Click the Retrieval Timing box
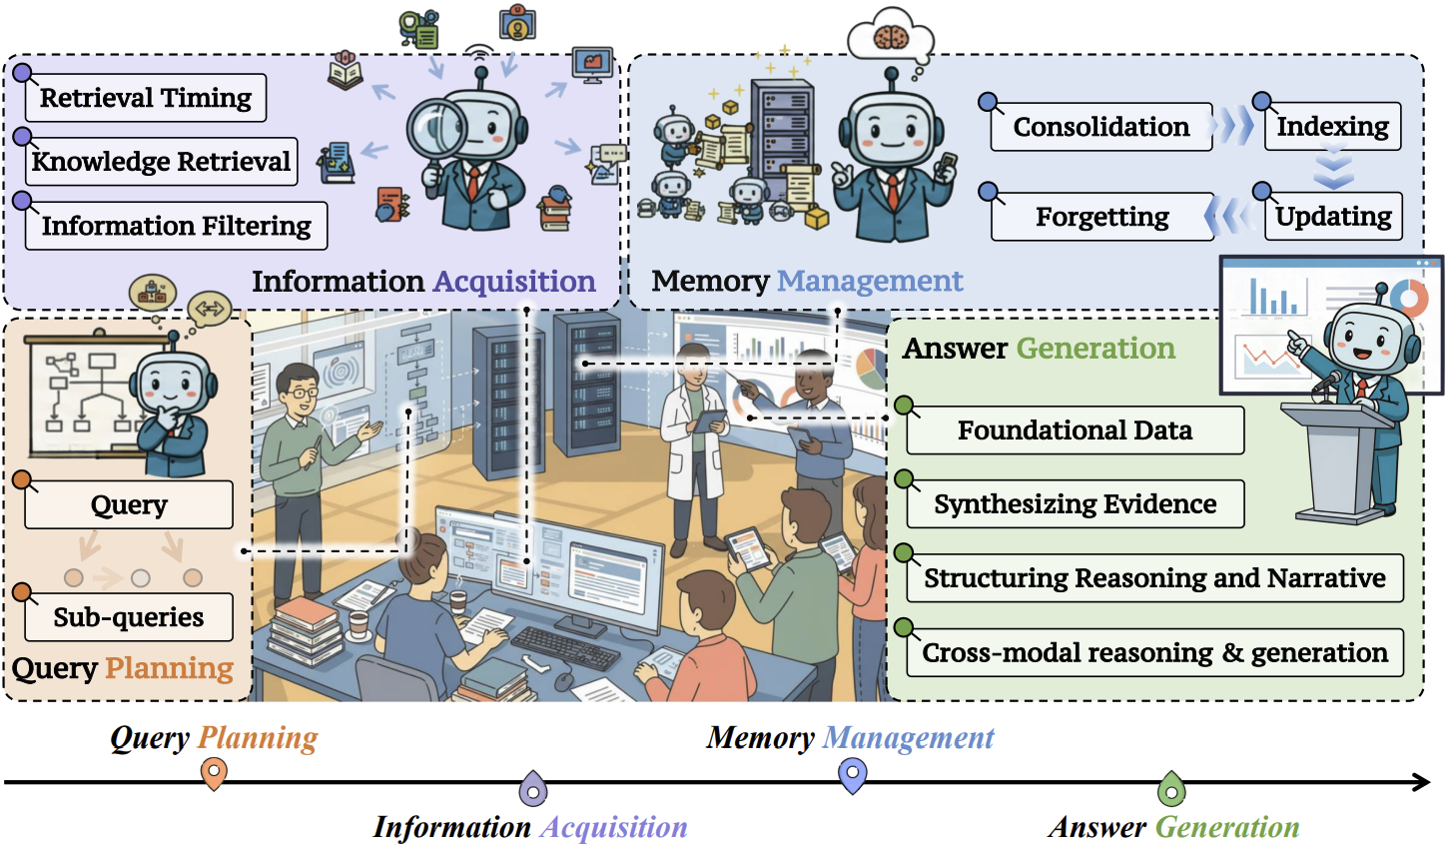click(146, 98)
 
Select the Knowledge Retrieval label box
click(161, 162)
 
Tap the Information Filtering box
click(176, 226)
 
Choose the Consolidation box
click(1101, 127)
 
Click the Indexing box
click(1332, 127)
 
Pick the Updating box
click(1333, 217)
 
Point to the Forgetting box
click(1102, 217)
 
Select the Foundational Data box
click(1075, 430)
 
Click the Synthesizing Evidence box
click(1075, 504)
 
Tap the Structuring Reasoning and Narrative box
click(1154, 578)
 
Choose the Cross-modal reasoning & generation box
click(1154, 653)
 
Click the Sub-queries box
click(129, 617)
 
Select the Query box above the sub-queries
click(129, 504)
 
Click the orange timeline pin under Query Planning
click(214, 773)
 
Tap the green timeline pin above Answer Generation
click(1171, 789)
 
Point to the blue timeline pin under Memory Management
click(852, 774)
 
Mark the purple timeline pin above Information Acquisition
click(534, 789)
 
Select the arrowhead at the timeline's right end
click(1422, 782)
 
